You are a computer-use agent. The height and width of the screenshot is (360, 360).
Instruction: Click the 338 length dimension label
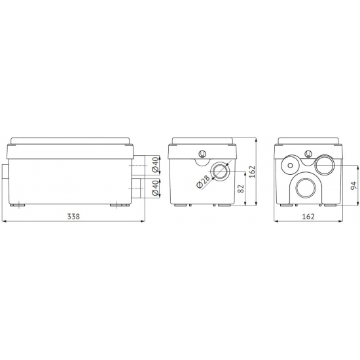point(73,216)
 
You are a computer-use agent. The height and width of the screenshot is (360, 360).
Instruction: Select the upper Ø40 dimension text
point(156,165)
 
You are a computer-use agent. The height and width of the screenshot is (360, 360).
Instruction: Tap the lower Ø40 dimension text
point(156,189)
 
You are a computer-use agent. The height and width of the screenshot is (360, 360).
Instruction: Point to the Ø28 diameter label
point(204,182)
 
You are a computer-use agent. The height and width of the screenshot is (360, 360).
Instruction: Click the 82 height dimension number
point(241,189)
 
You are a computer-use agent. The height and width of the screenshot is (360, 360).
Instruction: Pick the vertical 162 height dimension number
point(252,171)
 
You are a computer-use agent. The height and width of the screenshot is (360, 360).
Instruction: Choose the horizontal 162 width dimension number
point(308,216)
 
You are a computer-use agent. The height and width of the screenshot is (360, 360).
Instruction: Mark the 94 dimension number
point(354,185)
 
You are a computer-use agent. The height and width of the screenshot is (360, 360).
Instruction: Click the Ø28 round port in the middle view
point(220,171)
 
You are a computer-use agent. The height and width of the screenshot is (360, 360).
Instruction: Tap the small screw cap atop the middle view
point(202,153)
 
